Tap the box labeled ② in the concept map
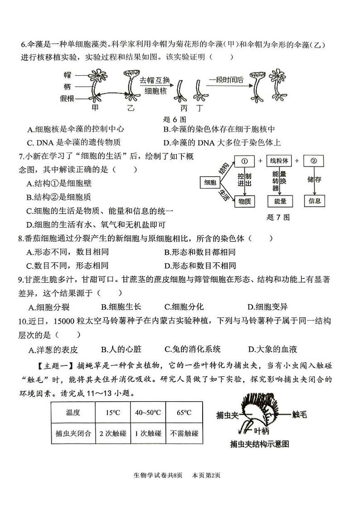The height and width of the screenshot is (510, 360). tap(314, 161)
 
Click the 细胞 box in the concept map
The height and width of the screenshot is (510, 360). tap(210, 182)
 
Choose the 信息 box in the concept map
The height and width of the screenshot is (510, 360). tap(314, 201)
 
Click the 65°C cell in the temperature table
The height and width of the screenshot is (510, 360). tap(184, 412)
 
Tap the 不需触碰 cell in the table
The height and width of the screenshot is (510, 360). tap(184, 433)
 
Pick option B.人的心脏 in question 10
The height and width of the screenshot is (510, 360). tap(122, 349)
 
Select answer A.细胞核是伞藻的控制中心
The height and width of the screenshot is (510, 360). tap(76, 129)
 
